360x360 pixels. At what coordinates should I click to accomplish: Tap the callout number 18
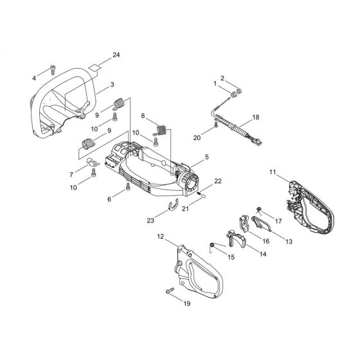(256, 118)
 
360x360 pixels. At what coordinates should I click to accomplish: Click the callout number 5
(206, 156)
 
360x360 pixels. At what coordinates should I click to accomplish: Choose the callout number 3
(112, 84)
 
